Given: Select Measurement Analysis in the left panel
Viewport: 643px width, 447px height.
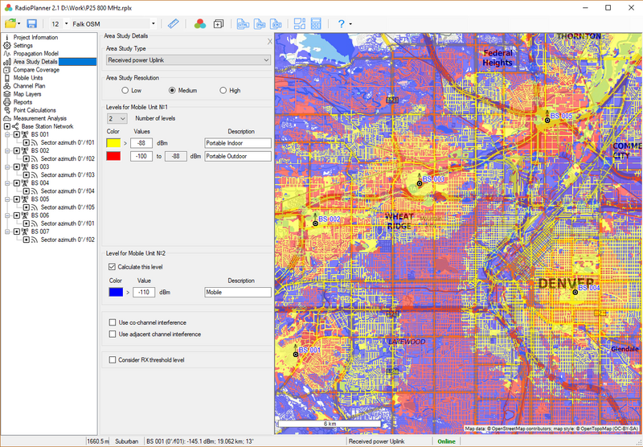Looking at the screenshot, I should tap(39, 118).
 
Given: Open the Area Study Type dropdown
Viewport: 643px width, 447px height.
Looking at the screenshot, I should tap(188, 59).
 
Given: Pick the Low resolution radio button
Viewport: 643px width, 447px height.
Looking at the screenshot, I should tap(114, 91).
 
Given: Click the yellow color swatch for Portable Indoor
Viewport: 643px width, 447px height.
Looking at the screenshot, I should tap(113, 143).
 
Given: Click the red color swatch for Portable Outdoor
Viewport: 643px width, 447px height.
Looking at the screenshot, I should tap(113, 156).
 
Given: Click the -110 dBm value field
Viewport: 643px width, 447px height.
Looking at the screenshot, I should tap(144, 293).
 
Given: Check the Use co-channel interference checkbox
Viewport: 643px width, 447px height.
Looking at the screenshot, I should tap(112, 322).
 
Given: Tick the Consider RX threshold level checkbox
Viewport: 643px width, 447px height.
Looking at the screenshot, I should tap(112, 360).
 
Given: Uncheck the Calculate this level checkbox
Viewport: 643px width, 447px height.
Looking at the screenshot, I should tap(112, 266).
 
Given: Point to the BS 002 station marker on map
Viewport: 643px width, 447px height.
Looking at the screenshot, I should tap(314, 223).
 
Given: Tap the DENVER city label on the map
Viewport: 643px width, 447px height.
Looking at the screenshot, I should tap(566, 283).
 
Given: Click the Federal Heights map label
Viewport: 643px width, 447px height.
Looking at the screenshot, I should tap(497, 58).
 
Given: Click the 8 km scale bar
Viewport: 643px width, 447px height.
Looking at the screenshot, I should tap(330, 423).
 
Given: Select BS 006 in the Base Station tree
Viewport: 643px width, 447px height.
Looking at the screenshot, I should tap(39, 215).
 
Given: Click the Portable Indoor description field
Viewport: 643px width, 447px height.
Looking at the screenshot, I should tap(238, 143).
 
